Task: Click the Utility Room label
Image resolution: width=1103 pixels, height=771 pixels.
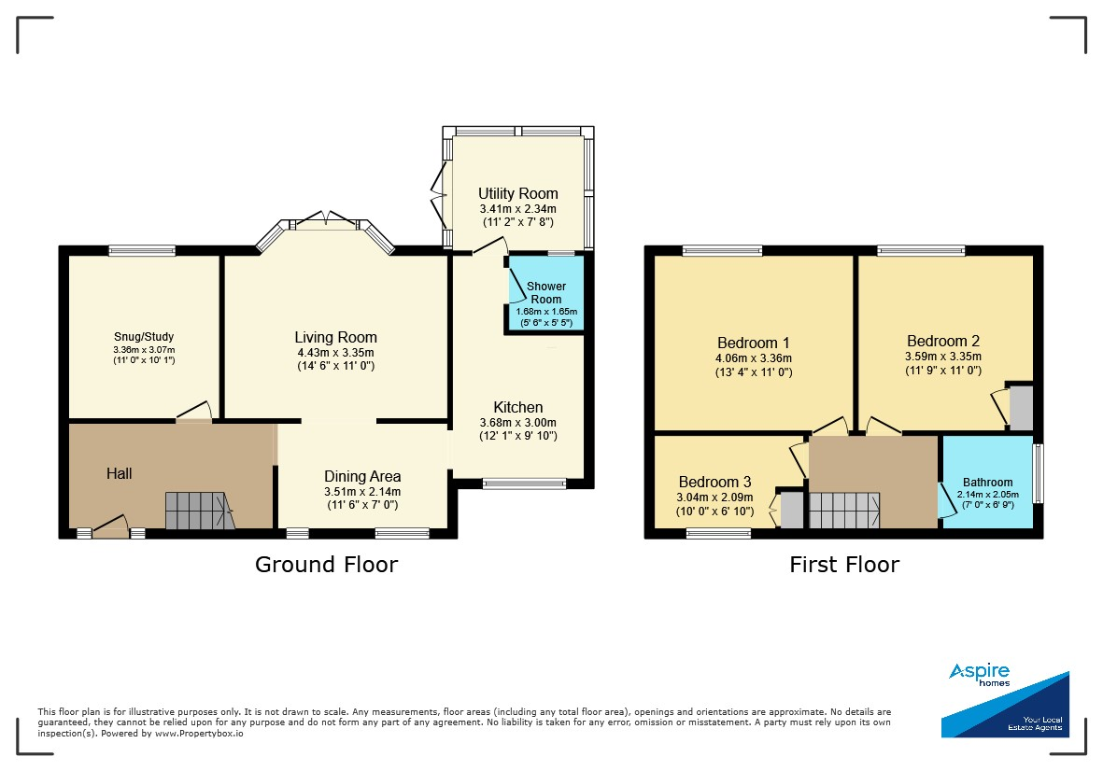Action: point(518,193)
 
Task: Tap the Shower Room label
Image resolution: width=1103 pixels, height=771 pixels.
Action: point(545,292)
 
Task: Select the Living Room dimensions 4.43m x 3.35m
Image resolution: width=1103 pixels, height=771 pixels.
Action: point(335,353)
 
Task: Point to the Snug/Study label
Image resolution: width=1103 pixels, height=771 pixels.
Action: point(144,337)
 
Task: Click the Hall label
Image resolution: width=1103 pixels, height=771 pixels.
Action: point(119,473)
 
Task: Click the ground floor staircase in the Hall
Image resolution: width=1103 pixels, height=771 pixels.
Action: point(200,511)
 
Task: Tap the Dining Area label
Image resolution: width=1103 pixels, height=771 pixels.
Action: point(362,477)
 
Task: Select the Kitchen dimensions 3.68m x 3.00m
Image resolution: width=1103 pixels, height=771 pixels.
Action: point(517,423)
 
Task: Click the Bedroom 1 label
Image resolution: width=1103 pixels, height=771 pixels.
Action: point(754,343)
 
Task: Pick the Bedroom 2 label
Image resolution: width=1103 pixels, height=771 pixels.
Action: point(943,341)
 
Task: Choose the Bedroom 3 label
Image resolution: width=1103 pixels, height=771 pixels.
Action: point(714,482)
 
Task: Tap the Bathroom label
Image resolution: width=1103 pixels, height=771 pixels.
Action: point(987,483)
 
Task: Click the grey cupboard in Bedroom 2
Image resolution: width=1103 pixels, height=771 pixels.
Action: point(1022,408)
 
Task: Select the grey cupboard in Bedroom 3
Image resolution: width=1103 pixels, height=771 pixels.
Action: point(792,511)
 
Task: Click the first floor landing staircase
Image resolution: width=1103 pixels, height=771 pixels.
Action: point(844,511)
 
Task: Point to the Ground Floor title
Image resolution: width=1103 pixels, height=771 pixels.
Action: point(326,565)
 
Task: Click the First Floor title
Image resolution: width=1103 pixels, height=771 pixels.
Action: point(844,565)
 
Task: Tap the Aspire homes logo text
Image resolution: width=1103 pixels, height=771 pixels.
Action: point(979,675)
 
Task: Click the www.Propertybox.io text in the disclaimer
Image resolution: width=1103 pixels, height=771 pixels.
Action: point(199,733)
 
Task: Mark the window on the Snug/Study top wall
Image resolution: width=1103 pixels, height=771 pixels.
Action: point(142,250)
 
